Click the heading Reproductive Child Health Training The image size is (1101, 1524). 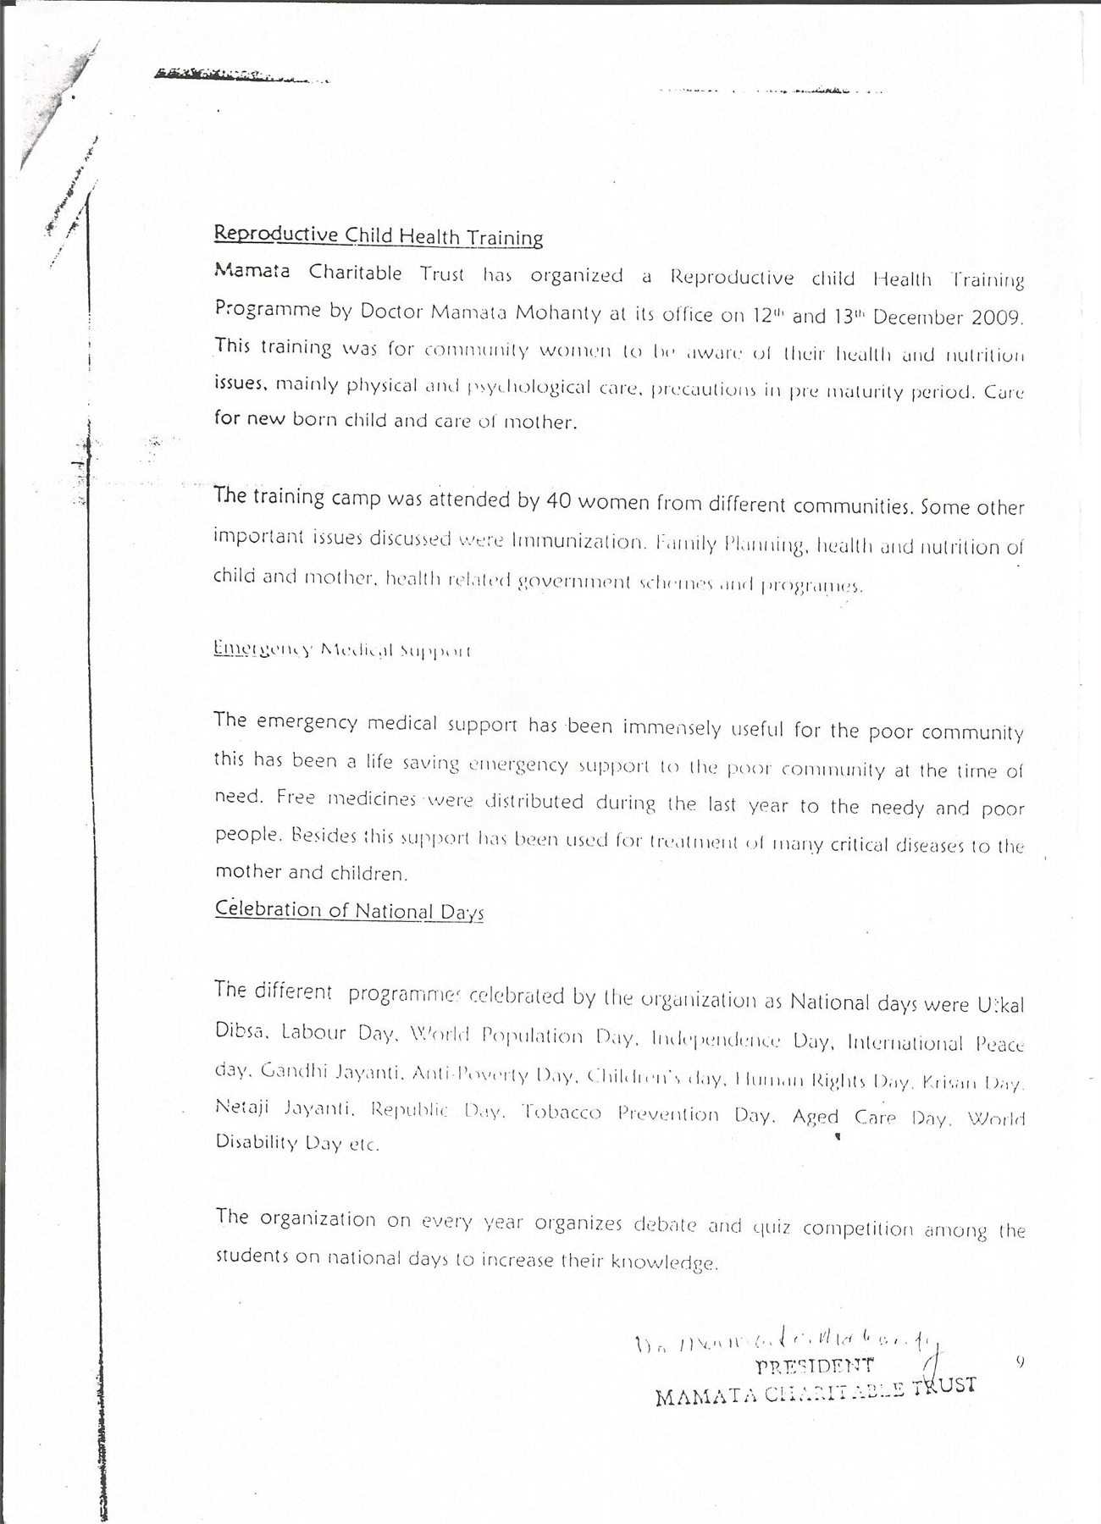point(378,235)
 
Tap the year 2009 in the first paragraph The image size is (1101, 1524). point(998,317)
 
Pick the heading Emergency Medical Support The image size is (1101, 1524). point(342,650)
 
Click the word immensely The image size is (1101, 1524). point(672,727)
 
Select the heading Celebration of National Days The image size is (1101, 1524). point(349,910)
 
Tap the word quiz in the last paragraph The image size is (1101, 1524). point(772,1227)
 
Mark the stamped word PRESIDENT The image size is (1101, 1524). point(814,1365)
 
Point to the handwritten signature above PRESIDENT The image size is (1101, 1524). point(788,1341)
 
